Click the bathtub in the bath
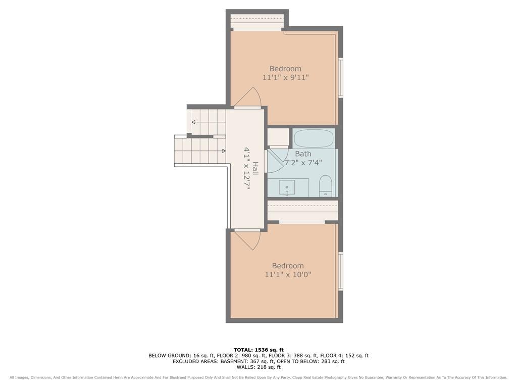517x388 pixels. coord(314,138)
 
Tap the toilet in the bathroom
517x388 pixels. coord(326,186)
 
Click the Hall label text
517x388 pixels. coord(255,168)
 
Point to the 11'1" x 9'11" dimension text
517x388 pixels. coord(286,77)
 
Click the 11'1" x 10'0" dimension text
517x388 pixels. coord(288,274)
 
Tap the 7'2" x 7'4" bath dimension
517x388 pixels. coord(303,163)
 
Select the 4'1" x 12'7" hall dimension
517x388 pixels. coord(246,168)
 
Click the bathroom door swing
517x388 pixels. coord(275,161)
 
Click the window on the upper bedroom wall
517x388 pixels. coord(341,77)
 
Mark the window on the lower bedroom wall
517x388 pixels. coord(341,271)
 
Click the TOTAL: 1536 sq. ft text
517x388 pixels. coord(258,350)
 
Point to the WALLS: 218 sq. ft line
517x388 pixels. coord(258,367)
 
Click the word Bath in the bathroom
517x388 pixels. coord(303,154)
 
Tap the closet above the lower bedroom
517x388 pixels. coord(303,211)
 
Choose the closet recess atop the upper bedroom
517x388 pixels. coord(257,22)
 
